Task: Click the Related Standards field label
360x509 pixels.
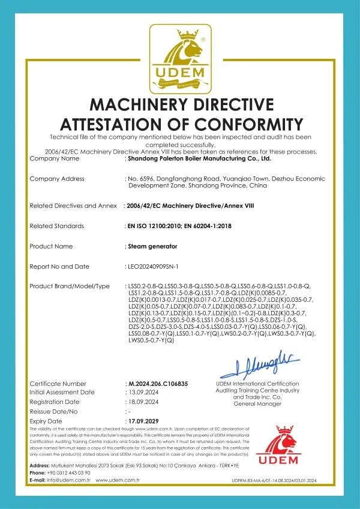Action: point(56,226)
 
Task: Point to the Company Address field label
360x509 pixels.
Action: point(57,179)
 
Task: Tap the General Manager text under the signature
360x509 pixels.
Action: point(257,404)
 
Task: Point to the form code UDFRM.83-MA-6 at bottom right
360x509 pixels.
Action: point(272,481)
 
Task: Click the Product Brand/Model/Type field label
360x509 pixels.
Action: point(70,286)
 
